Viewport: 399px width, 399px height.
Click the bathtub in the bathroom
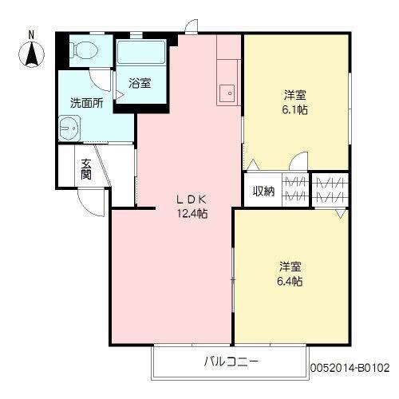click(141, 53)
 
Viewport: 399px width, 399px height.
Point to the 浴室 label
click(140, 83)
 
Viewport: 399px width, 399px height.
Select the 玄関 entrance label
click(86, 169)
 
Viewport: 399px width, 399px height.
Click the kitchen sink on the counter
click(227, 92)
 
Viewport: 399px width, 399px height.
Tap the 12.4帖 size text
click(192, 213)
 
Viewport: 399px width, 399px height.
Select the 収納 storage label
click(263, 190)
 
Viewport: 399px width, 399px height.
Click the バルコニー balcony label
click(231, 361)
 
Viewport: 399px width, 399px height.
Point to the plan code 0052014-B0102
click(349, 368)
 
